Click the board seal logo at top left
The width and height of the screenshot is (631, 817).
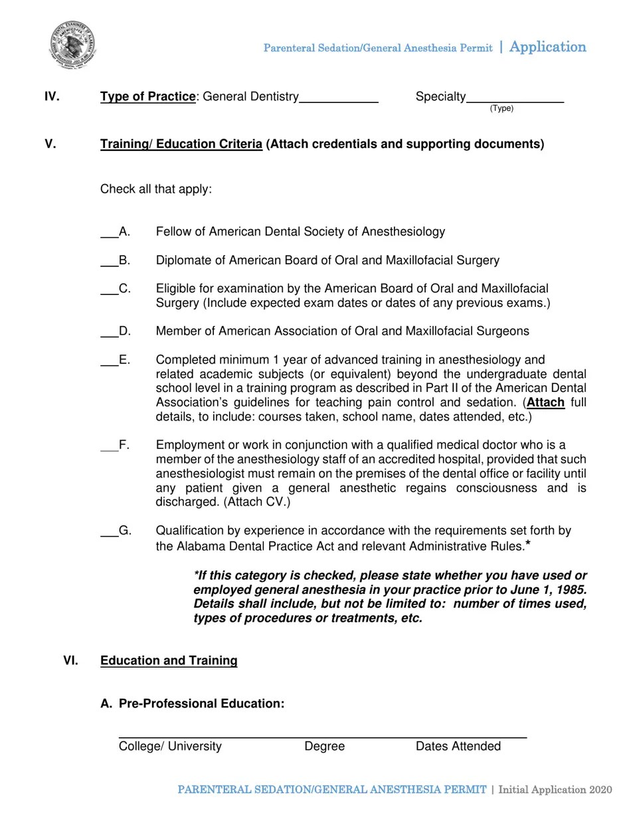coord(72,45)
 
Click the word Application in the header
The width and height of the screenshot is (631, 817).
coord(547,47)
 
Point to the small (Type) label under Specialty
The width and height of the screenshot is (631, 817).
coord(501,109)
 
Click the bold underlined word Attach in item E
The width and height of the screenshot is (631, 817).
coord(545,403)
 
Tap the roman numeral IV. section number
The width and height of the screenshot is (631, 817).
coord(52,97)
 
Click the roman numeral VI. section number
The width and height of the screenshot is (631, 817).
coord(71,660)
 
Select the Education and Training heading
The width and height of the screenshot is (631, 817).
coord(169,660)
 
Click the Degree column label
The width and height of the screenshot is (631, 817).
coord(324,747)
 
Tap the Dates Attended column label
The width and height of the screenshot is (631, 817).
coord(458,747)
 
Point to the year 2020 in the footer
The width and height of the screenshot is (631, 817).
coord(599,790)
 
